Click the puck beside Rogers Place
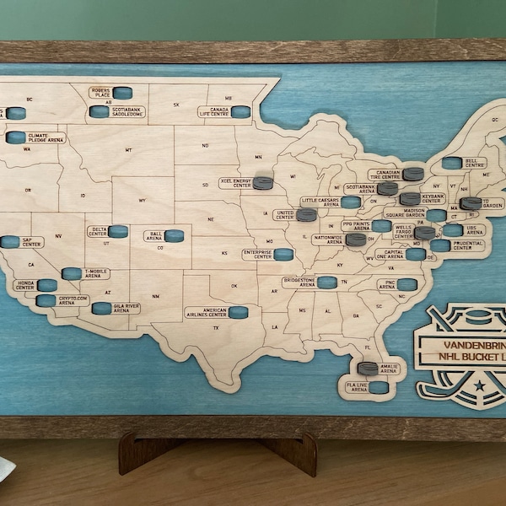point(123,93)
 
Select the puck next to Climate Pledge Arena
point(16,137)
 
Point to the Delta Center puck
point(118,231)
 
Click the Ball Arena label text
point(154,236)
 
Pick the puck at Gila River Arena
point(101,309)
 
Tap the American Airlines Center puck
point(239,312)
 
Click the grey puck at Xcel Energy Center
point(263,182)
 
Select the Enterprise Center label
point(257,254)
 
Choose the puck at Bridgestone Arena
point(327,283)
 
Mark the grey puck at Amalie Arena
point(368,368)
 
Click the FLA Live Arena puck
point(379,388)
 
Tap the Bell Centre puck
point(452,163)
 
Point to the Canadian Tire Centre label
point(383,175)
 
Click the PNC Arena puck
point(407,285)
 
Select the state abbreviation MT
point(128,150)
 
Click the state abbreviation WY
point(142,200)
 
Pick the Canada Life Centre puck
point(241,111)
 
